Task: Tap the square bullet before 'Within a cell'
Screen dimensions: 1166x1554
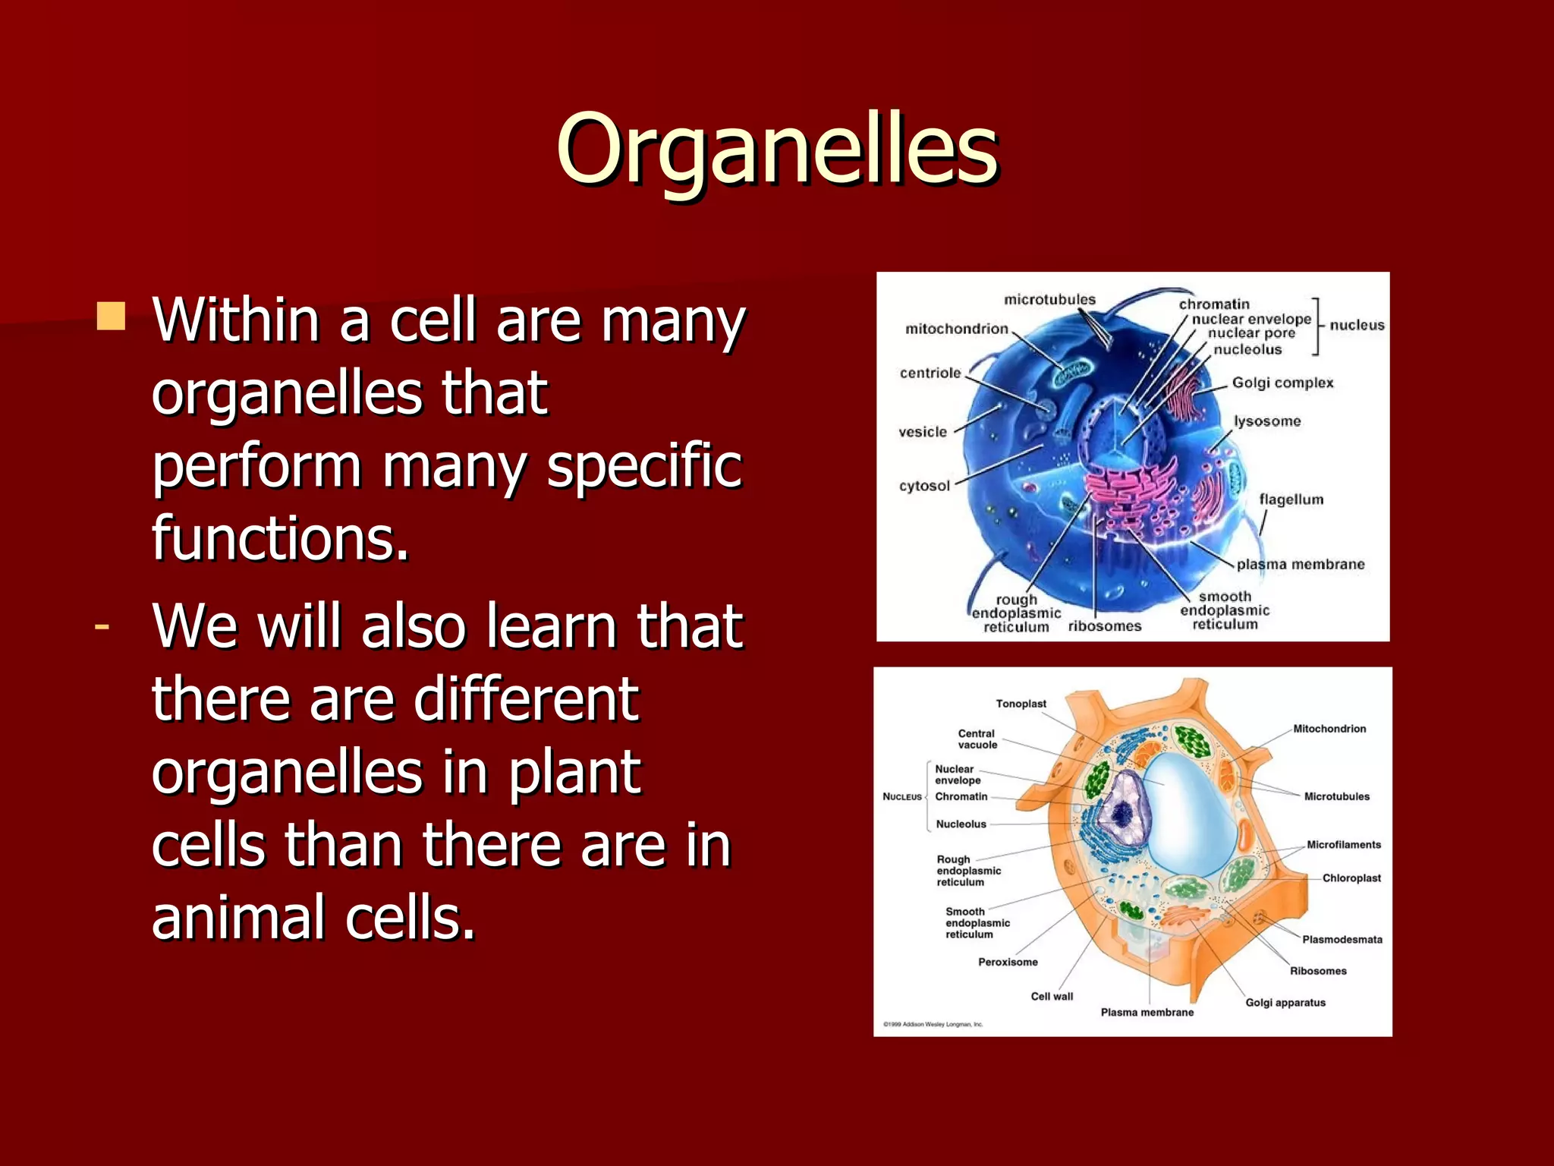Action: (111, 317)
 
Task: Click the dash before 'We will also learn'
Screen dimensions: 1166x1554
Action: (102, 627)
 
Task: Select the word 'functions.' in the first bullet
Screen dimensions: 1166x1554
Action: (280, 537)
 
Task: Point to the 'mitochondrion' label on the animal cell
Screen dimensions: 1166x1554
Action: (956, 329)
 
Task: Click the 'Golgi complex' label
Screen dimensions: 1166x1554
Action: (1282, 383)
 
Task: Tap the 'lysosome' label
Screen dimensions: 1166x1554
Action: (1266, 421)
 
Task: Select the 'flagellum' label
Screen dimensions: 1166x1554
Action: (1291, 499)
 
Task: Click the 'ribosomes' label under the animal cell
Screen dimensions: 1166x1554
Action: (1104, 626)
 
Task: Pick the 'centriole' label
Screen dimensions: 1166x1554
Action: (930, 373)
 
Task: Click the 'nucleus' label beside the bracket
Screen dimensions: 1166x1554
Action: (1357, 325)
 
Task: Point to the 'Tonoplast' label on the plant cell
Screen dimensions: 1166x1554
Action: (1021, 704)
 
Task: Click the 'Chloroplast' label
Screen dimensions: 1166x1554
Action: (1351, 878)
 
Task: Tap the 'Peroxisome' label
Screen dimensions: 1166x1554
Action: (1008, 962)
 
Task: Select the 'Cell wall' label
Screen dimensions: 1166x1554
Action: (1052, 996)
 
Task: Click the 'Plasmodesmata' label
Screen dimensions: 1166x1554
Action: (1342, 939)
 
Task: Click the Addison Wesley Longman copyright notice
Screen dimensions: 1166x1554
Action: (933, 1024)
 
